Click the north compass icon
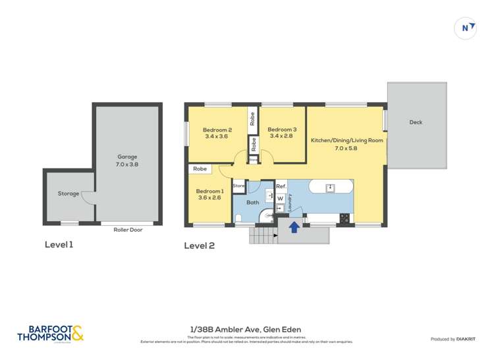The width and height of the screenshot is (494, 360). pyautogui.click(x=466, y=27)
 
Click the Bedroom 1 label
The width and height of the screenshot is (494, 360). pyautogui.click(x=209, y=195)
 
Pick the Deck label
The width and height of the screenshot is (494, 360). pyautogui.click(x=416, y=122)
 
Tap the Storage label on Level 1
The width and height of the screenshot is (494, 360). pyautogui.click(x=68, y=193)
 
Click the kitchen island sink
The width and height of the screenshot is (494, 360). pyautogui.click(x=331, y=188)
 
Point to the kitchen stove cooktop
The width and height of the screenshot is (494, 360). pyautogui.click(x=343, y=217)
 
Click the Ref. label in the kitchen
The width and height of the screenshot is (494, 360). pyautogui.click(x=281, y=186)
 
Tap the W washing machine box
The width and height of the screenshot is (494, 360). pyautogui.click(x=280, y=197)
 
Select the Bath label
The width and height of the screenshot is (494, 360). pyautogui.click(x=253, y=203)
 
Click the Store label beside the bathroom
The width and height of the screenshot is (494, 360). pyautogui.click(x=238, y=186)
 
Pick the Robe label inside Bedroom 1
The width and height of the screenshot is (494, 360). pyautogui.click(x=199, y=169)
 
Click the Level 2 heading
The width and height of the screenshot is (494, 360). pyautogui.click(x=199, y=245)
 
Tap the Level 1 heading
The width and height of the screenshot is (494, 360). pyautogui.click(x=59, y=245)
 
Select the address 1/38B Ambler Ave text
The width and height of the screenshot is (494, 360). pyautogui.click(x=246, y=330)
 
